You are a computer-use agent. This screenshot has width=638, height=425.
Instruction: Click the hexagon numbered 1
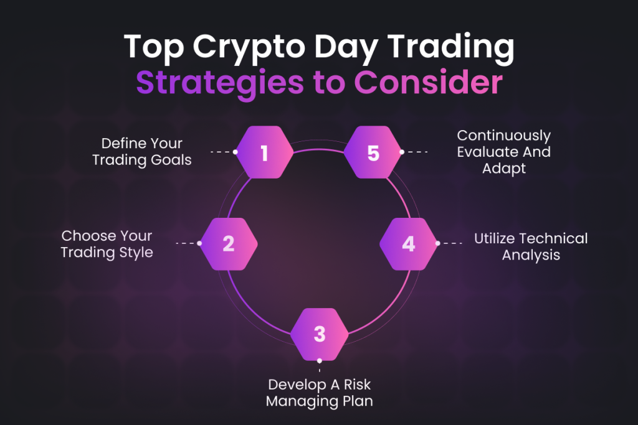tap(265, 152)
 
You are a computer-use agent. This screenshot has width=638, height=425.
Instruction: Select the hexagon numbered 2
tap(229, 243)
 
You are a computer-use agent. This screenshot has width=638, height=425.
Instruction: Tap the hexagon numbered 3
tap(320, 334)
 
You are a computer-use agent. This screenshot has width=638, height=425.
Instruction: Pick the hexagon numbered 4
tap(408, 243)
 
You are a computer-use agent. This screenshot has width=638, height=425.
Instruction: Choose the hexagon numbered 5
tap(373, 152)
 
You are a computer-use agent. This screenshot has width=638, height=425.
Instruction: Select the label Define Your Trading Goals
tap(142, 151)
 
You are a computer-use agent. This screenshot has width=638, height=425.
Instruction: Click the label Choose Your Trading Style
tap(107, 244)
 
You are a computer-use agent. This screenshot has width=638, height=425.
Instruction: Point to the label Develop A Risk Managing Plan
tap(320, 392)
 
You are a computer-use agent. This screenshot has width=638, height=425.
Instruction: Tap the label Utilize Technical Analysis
tap(531, 246)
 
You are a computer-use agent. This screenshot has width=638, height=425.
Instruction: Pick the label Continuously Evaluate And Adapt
tap(503, 151)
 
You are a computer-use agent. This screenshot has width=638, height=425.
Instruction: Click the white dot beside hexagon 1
tap(236, 152)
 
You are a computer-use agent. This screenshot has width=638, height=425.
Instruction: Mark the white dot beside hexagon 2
tap(199, 243)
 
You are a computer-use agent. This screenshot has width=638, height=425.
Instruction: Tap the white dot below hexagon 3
tap(320, 360)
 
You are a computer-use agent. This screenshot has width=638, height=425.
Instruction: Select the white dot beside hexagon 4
tap(437, 243)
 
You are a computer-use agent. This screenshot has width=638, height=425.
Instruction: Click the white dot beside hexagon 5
tap(402, 152)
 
